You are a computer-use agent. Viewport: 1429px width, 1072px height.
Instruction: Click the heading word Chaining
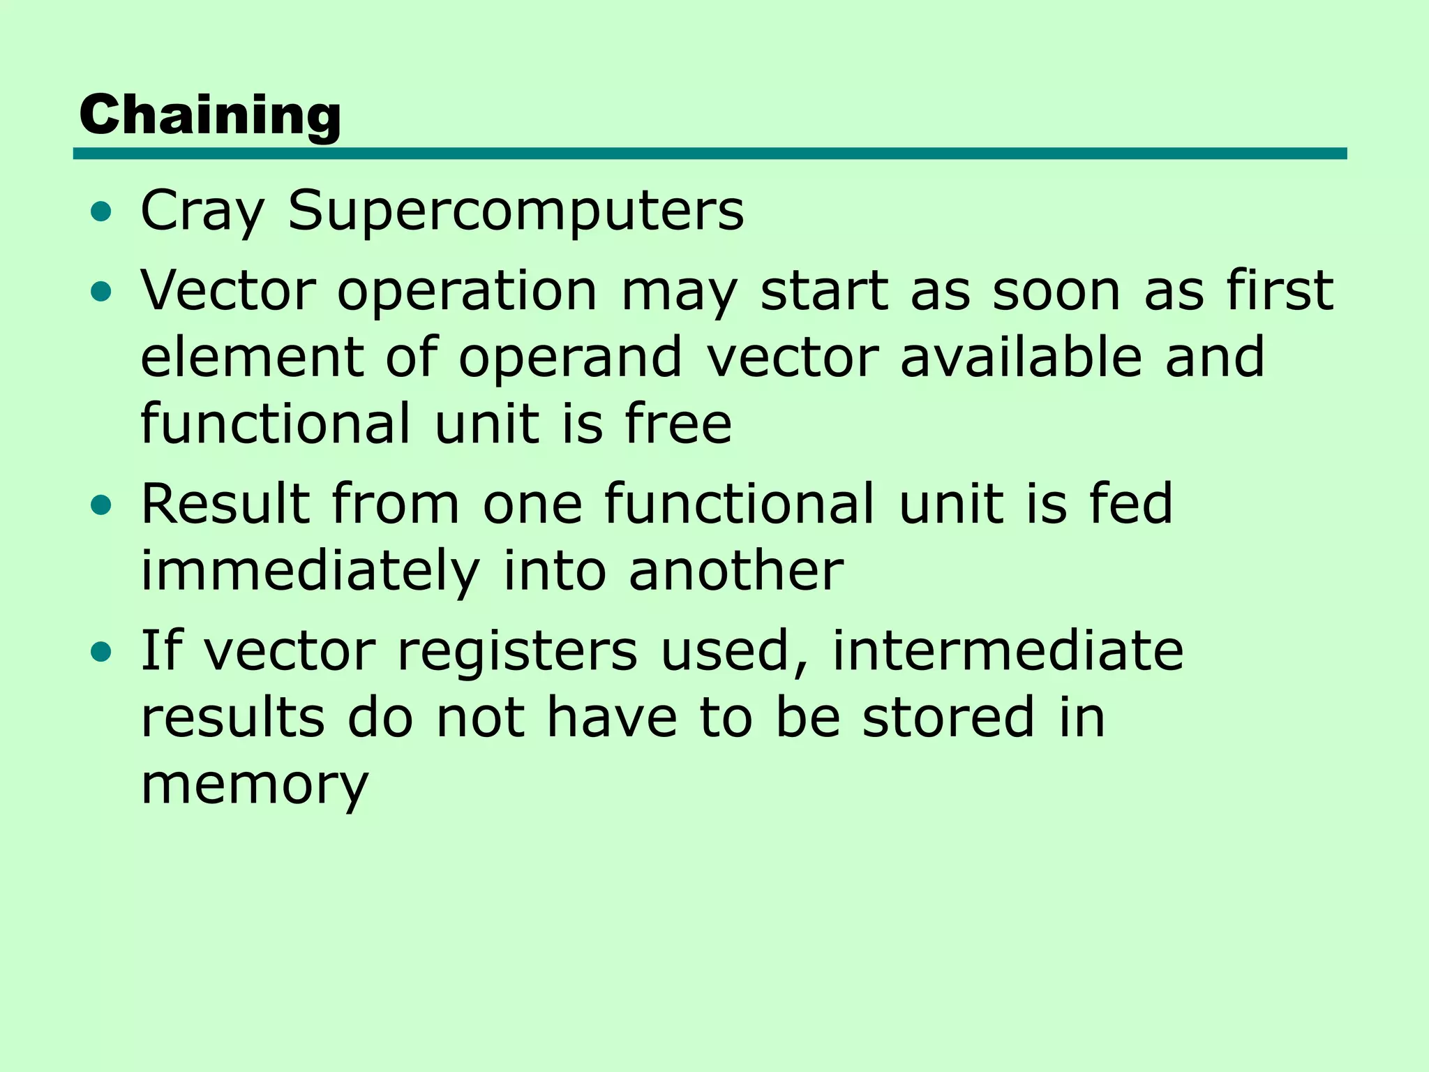click(210, 115)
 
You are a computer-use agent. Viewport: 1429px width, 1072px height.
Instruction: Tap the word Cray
click(202, 211)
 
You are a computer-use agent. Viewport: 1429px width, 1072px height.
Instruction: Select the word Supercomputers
click(516, 211)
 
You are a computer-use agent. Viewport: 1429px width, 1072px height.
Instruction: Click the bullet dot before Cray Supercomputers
click(101, 212)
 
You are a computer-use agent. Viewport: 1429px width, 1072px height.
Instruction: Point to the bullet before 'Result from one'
click(101, 505)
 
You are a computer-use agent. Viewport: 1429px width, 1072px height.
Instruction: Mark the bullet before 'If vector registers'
click(101, 653)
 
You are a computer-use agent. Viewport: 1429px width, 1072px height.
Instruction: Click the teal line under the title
click(710, 154)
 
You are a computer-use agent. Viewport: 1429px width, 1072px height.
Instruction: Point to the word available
click(1021, 357)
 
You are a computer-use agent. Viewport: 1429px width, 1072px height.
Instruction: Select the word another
click(736, 571)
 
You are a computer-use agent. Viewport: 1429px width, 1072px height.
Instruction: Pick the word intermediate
click(1008, 650)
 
